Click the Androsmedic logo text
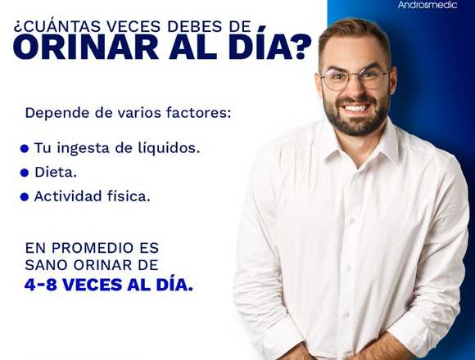[427, 5]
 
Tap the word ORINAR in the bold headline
[86, 47]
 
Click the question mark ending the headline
[300, 47]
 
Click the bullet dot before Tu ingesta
[25, 149]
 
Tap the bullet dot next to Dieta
[25, 173]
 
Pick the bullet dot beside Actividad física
[25, 197]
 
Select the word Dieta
[56, 172]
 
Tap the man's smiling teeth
[356, 108]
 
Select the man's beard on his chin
[355, 125]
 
